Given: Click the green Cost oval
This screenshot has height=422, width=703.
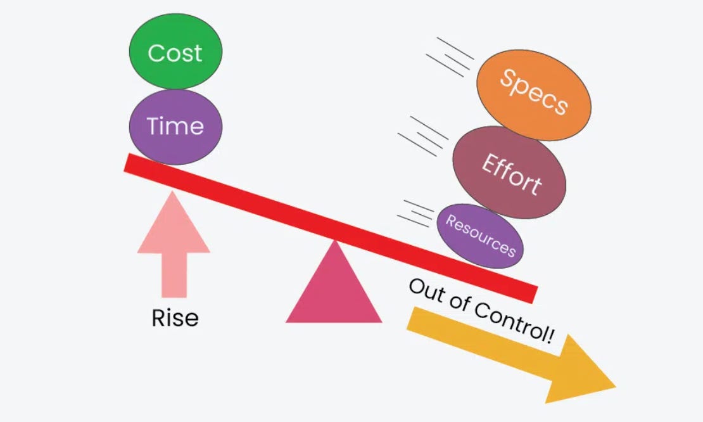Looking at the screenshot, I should pyautogui.click(x=175, y=52).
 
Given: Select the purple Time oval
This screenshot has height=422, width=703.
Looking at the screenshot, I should pyautogui.click(x=175, y=126).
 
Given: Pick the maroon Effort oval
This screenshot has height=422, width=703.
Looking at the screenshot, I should pyautogui.click(x=510, y=172).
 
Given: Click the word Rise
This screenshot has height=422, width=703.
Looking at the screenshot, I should pyautogui.click(x=175, y=317).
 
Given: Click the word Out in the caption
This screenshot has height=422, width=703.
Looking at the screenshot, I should pyautogui.click(x=425, y=290).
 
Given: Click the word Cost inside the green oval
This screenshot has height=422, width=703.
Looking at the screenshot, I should pyautogui.click(x=175, y=53).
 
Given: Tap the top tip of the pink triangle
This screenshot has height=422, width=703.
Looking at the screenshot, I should pyautogui.click(x=334, y=243).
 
